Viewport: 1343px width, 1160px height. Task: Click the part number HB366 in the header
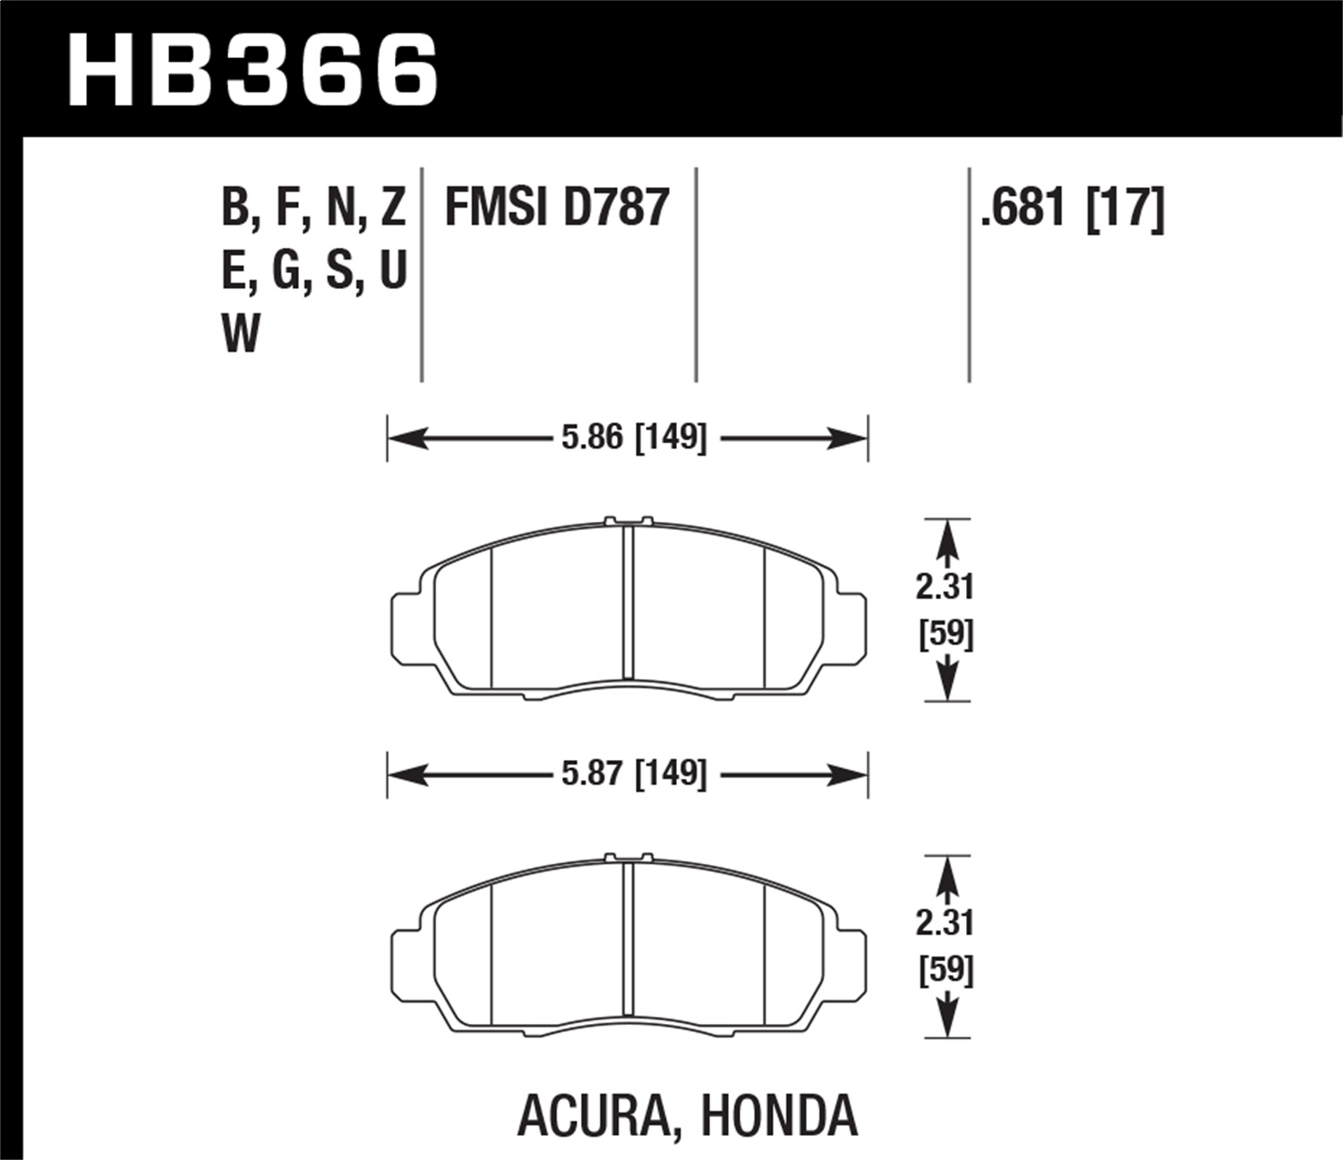253,70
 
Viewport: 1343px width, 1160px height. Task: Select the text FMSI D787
557,208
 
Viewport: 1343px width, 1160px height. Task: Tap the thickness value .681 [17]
1073,208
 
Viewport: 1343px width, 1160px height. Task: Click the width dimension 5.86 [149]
635,438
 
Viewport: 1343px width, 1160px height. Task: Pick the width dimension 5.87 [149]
635,773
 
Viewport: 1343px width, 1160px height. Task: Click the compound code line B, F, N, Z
313,208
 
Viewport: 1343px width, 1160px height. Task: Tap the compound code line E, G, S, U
313,270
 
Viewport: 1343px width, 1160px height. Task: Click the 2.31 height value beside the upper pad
945,587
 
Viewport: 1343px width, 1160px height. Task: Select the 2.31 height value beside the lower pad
945,923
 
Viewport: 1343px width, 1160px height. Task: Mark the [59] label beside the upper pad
946,635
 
